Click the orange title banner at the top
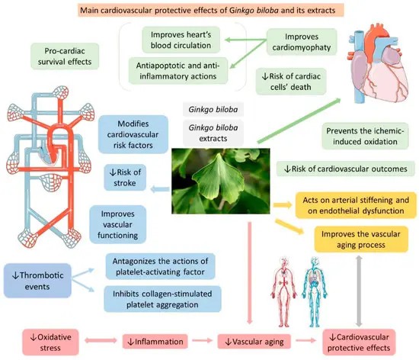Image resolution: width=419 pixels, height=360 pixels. pyautogui.click(x=212, y=11)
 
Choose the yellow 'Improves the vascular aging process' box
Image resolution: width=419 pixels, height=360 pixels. pyautogui.click(x=353, y=239)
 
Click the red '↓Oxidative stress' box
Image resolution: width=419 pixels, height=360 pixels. pyautogui.click(x=35, y=342)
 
